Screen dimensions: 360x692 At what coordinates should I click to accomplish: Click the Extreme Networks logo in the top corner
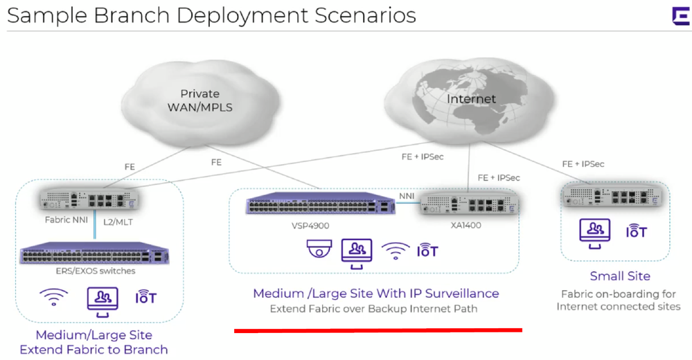pyautogui.click(x=680, y=17)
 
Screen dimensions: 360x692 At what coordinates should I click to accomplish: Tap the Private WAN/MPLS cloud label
pyautogui.click(x=199, y=100)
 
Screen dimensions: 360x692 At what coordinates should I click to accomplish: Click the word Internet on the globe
pyautogui.click(x=471, y=99)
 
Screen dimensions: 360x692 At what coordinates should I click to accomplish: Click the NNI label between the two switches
pyautogui.click(x=407, y=196)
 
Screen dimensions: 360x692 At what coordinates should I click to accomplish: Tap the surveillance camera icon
pyautogui.click(x=319, y=250)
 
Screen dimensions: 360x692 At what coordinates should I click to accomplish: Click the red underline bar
pyautogui.click(x=378, y=331)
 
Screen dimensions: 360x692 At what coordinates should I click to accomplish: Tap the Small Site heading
pyautogui.click(x=619, y=276)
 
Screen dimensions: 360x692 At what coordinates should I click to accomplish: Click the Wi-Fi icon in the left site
pyautogui.click(x=53, y=298)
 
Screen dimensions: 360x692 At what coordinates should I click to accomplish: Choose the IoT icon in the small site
pyautogui.click(x=636, y=231)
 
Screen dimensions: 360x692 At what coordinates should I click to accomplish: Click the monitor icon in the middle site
pyautogui.click(x=357, y=251)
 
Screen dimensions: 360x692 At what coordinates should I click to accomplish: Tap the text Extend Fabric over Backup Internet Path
pyautogui.click(x=373, y=309)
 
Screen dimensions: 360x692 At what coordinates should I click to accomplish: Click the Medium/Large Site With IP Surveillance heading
pyautogui.click(x=375, y=293)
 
